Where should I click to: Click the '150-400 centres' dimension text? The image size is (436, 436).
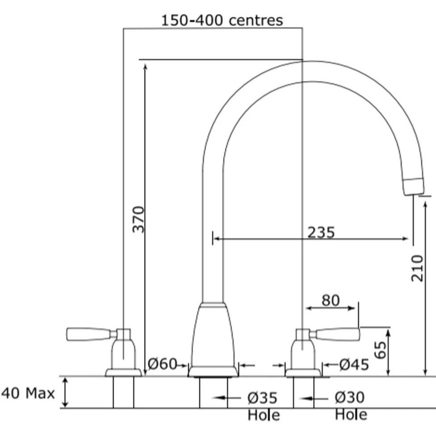click(x=222, y=20)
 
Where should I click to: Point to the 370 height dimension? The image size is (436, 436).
click(x=138, y=219)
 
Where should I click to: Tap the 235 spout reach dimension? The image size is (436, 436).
click(x=321, y=232)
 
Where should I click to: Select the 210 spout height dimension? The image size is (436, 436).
click(x=417, y=268)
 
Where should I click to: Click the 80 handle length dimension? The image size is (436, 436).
click(x=331, y=300)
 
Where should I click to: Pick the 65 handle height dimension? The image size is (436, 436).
click(x=380, y=350)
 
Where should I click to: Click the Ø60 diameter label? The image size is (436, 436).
click(x=162, y=364)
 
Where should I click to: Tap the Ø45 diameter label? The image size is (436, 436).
click(x=354, y=365)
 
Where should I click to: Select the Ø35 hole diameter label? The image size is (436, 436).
click(x=262, y=398)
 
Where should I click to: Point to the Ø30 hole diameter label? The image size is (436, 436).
click(x=349, y=397)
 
